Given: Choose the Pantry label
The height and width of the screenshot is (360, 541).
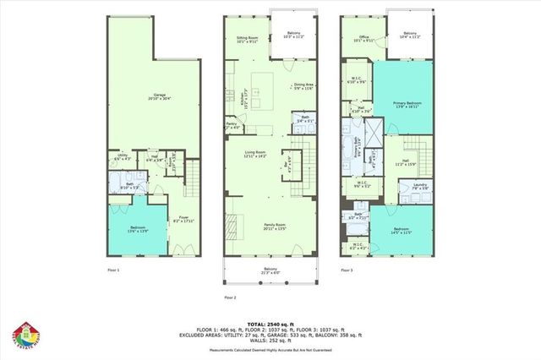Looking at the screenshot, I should coord(232,124).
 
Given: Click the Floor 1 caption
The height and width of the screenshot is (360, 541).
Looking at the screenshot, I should coord(113,270).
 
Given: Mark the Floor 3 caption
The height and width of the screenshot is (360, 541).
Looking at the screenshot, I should coord(346,270).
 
